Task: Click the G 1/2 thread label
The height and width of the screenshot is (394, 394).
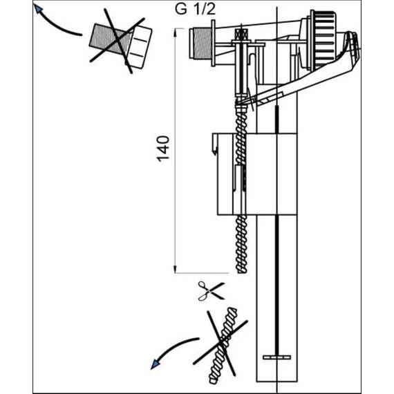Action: click(x=195, y=9)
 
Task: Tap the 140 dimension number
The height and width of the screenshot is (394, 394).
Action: click(x=163, y=149)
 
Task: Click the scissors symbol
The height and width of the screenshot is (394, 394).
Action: click(x=211, y=291)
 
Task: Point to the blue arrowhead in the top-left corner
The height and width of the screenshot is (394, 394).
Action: click(x=38, y=8)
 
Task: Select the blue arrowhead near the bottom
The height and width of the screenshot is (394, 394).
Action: click(x=155, y=364)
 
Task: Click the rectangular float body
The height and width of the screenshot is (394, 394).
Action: click(x=257, y=174)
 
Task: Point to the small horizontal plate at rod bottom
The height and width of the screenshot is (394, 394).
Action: click(x=277, y=357)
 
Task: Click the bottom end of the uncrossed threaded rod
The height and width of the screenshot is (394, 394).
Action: click(x=242, y=272)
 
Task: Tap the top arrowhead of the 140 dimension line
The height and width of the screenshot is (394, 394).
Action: click(x=175, y=31)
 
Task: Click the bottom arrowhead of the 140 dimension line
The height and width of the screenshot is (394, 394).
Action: click(x=175, y=270)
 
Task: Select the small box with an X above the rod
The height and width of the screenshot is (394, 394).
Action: click(x=241, y=34)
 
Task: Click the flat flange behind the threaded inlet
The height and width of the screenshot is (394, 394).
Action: click(x=214, y=44)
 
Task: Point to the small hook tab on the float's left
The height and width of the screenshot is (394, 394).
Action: click(x=215, y=144)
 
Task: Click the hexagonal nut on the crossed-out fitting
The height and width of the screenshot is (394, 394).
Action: click(x=139, y=47)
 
